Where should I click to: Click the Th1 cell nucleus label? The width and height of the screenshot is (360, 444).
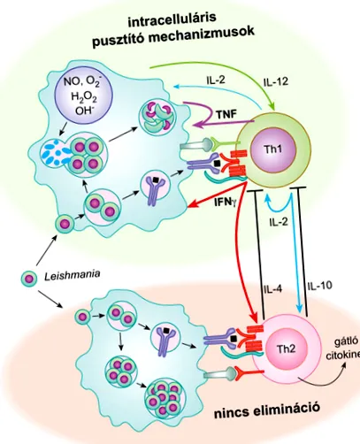pyautogui.click(x=272, y=149)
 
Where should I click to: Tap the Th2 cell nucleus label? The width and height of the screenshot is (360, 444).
pyautogui.click(x=286, y=349)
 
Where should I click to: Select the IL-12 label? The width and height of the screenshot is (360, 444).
pyautogui.click(x=276, y=81)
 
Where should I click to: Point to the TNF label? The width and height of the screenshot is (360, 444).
pyautogui.click(x=226, y=114)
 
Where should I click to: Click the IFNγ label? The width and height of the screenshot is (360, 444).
pyautogui.click(x=226, y=203)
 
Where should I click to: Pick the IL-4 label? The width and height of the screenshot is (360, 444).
pyautogui.click(x=272, y=289)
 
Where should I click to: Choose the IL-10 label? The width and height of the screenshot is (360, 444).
pyautogui.click(x=319, y=285)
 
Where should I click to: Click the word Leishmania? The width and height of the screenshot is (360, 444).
pyautogui.click(x=72, y=275)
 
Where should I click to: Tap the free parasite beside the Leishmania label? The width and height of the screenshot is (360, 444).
pyautogui.click(x=29, y=278)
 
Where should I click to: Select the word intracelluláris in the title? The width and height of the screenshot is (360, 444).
pyautogui.click(x=172, y=19)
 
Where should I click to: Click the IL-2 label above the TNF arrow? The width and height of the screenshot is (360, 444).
pyautogui.click(x=216, y=80)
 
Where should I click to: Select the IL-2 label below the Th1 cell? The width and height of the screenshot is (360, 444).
pyautogui.click(x=279, y=222)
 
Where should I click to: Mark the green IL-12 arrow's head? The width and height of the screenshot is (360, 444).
pyautogui.click(x=272, y=107)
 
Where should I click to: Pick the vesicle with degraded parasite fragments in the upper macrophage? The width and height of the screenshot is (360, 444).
pyautogui.click(x=157, y=117)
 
